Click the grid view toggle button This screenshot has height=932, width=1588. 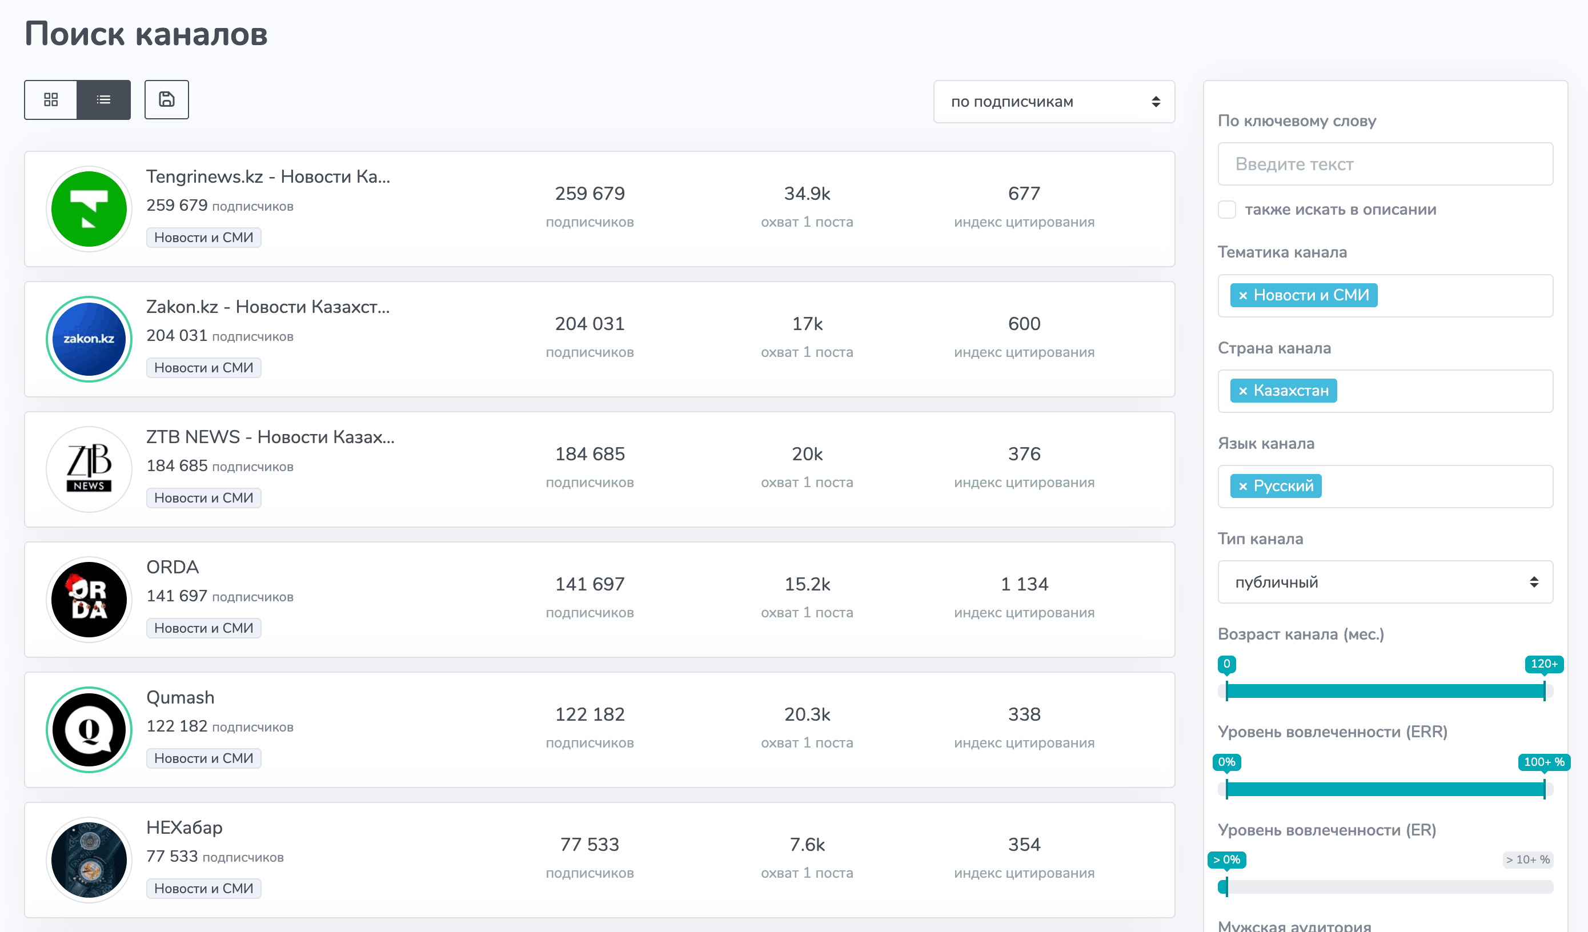[x=51, y=99]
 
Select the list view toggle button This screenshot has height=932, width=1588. [x=104, y=99]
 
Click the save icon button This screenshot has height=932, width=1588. [x=166, y=99]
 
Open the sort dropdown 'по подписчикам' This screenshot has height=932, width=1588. [x=1054, y=102]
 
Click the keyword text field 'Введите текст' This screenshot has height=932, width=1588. [x=1385, y=164]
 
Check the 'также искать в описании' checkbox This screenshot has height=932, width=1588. [x=1227, y=210]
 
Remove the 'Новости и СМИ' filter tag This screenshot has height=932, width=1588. [x=1242, y=296]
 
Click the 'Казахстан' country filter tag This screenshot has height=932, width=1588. [x=1284, y=391]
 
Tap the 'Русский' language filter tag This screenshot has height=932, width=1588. [x=1276, y=486]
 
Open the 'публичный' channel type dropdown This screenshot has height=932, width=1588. [x=1385, y=581]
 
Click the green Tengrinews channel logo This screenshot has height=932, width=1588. [x=89, y=208]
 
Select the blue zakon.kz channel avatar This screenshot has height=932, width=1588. [x=89, y=339]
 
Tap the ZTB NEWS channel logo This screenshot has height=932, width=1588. [x=89, y=469]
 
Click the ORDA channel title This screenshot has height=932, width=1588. [x=173, y=567]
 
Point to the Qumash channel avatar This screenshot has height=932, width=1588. [x=89, y=730]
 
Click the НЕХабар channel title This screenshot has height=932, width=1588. [x=185, y=827]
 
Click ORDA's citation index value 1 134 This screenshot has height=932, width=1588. [x=1024, y=584]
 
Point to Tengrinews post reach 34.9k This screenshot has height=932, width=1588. [x=807, y=194]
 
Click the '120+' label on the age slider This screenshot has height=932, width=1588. [x=1544, y=664]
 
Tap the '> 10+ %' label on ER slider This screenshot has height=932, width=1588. [x=1528, y=859]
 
